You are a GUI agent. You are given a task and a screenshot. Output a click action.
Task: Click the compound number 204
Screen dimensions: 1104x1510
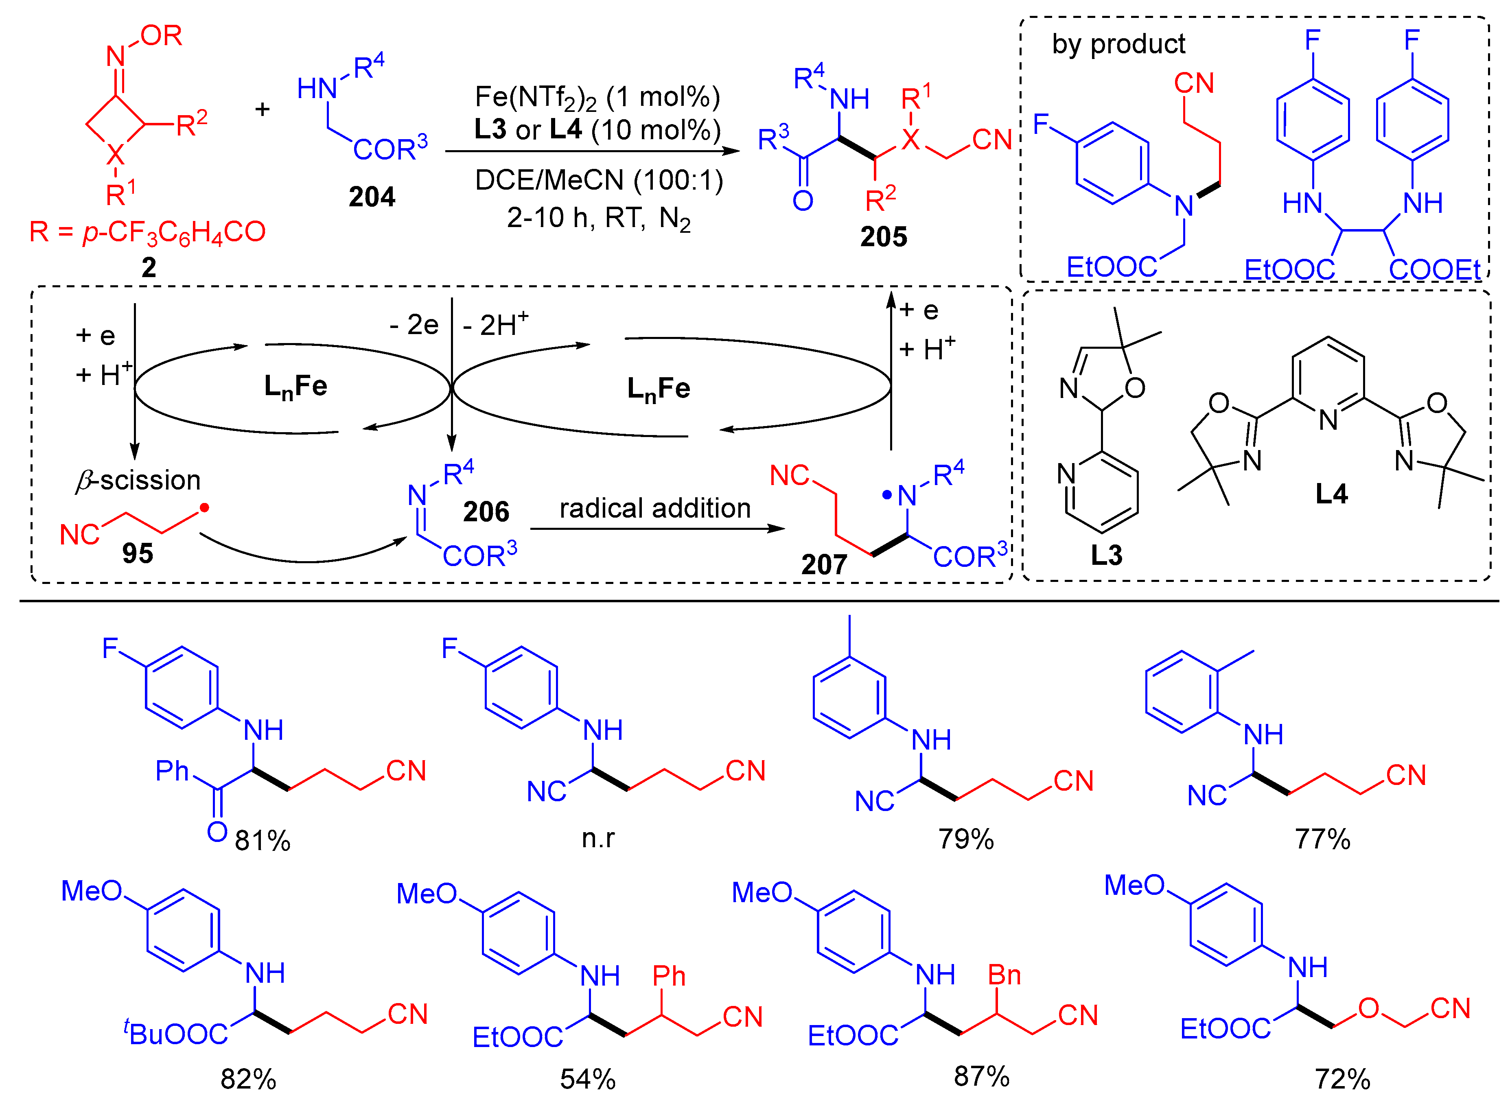tap(372, 197)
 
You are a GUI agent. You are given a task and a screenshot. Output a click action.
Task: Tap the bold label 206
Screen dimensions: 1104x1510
tap(486, 512)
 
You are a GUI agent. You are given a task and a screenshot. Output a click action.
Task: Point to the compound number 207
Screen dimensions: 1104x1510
tap(824, 565)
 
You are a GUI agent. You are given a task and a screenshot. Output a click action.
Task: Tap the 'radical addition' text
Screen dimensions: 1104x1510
tap(655, 509)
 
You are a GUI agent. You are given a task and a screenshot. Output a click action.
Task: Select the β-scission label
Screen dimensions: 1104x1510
tap(138, 481)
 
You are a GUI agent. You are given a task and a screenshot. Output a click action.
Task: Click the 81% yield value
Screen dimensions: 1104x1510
tap(263, 841)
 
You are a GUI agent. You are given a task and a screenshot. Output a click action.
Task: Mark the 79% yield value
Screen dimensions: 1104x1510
tap(966, 839)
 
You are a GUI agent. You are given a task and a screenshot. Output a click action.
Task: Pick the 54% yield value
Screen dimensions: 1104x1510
tap(588, 1079)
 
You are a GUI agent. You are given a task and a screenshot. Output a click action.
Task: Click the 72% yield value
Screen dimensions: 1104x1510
tap(1342, 1079)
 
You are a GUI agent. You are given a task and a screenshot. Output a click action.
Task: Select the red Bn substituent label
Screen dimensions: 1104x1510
tap(1004, 976)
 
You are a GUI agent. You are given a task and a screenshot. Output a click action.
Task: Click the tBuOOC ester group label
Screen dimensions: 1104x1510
tap(176, 1033)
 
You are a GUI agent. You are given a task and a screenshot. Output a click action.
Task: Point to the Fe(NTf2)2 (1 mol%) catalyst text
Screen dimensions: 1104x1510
tap(597, 98)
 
